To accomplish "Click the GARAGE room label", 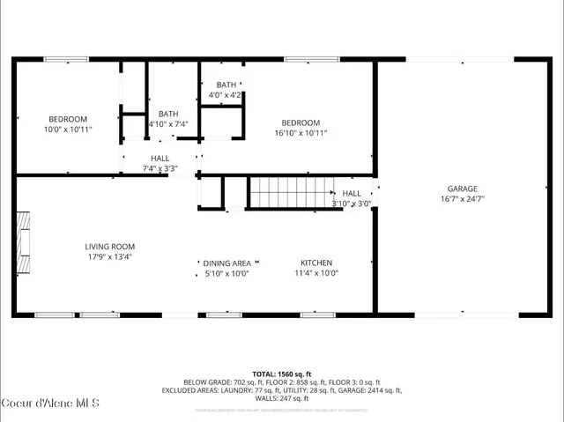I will coord(462,189).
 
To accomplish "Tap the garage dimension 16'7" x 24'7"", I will coord(462,199).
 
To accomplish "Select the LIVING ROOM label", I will coord(110,247).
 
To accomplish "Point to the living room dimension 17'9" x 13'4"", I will coord(110,257).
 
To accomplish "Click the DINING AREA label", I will coord(226,263).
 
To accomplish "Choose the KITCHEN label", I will coord(315,263).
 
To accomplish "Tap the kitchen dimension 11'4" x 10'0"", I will coord(315,273).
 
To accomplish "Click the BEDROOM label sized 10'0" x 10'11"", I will coord(67,119).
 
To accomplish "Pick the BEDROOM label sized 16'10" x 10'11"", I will coord(301,122).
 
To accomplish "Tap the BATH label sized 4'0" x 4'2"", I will coord(226,85).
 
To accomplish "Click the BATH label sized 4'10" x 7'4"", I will coord(168,114).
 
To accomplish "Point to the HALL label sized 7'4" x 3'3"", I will coord(160,159).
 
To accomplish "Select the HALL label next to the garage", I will coord(352,193).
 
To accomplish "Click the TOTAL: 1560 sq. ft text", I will coord(281,374).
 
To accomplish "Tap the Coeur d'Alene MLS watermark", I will coord(50,403).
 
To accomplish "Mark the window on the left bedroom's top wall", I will coord(67,59).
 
